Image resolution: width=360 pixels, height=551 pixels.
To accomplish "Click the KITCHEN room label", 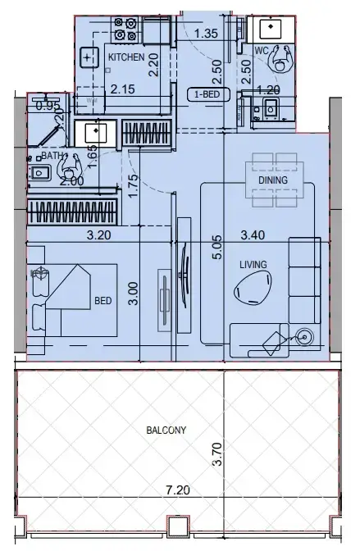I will [126, 57].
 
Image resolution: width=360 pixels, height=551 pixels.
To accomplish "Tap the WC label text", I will [262, 50].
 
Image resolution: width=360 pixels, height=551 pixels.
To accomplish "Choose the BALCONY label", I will [166, 430].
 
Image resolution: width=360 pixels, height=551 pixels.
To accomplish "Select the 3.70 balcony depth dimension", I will [216, 454].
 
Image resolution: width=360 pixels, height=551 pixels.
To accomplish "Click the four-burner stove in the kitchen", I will [125, 30].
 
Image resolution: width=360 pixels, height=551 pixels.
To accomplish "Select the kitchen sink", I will [89, 58].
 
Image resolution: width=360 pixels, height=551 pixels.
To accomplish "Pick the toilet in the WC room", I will [283, 59].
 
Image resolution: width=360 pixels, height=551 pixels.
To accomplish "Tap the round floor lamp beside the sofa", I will [305, 335].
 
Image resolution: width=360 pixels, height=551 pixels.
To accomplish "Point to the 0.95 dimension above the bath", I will [48, 105].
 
